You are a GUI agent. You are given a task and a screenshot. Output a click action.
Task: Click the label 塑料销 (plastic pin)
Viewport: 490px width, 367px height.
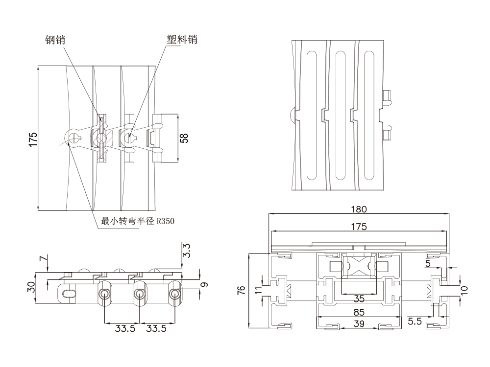[x=182, y=39]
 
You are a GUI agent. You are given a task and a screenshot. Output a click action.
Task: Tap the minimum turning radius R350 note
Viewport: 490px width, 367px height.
[x=137, y=221]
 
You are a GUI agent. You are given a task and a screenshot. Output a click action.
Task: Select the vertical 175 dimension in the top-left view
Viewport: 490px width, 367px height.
[x=32, y=139]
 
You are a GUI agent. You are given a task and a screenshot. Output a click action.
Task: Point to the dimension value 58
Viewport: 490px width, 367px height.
[x=184, y=138]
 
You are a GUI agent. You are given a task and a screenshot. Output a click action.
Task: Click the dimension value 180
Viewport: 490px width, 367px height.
[x=359, y=209]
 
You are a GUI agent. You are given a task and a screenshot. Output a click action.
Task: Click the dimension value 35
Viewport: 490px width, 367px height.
[x=359, y=298]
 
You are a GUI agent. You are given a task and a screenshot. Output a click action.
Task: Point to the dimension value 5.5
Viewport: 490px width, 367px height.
[x=416, y=321]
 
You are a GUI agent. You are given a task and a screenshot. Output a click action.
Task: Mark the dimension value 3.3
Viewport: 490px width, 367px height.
[x=186, y=251]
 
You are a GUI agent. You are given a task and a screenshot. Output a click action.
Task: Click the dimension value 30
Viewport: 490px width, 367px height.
[x=31, y=287]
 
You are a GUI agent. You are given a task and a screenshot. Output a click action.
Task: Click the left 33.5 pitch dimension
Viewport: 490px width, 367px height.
[x=122, y=329]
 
